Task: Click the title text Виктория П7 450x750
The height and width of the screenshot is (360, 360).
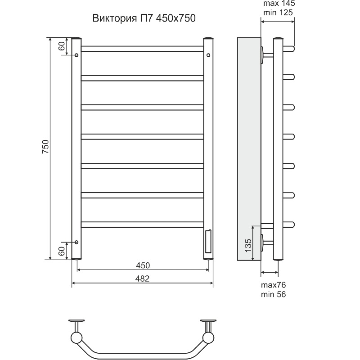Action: (x=144, y=18)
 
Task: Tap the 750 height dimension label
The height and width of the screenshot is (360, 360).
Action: (x=45, y=147)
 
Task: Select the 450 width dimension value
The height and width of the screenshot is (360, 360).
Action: (x=143, y=265)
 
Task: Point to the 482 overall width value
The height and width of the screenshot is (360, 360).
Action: (x=142, y=279)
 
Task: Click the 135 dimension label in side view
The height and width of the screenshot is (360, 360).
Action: (x=248, y=245)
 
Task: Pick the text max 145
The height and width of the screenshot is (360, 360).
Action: (x=279, y=4)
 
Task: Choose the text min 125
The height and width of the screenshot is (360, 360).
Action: (x=278, y=13)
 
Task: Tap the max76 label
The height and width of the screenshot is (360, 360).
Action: (x=274, y=285)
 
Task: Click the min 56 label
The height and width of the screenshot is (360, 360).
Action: (x=274, y=294)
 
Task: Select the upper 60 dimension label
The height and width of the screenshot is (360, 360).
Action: (x=62, y=46)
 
